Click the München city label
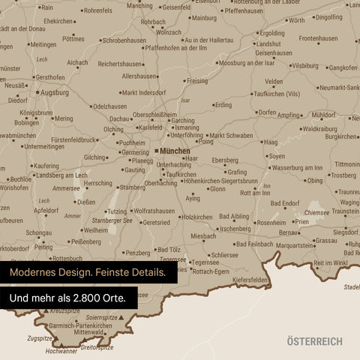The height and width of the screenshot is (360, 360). (175, 151)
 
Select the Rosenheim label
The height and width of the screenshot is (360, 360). (271, 222)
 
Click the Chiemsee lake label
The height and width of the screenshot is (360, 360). (316, 212)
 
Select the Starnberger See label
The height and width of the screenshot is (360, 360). (111, 221)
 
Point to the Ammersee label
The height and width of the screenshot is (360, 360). (66, 189)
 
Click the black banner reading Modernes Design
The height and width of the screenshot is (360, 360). (88, 272)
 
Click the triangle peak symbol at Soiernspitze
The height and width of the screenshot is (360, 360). (121, 318)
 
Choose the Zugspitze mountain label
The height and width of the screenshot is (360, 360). (39, 338)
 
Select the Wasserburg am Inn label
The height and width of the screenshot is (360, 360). (297, 168)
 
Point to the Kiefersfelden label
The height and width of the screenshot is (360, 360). (251, 280)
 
